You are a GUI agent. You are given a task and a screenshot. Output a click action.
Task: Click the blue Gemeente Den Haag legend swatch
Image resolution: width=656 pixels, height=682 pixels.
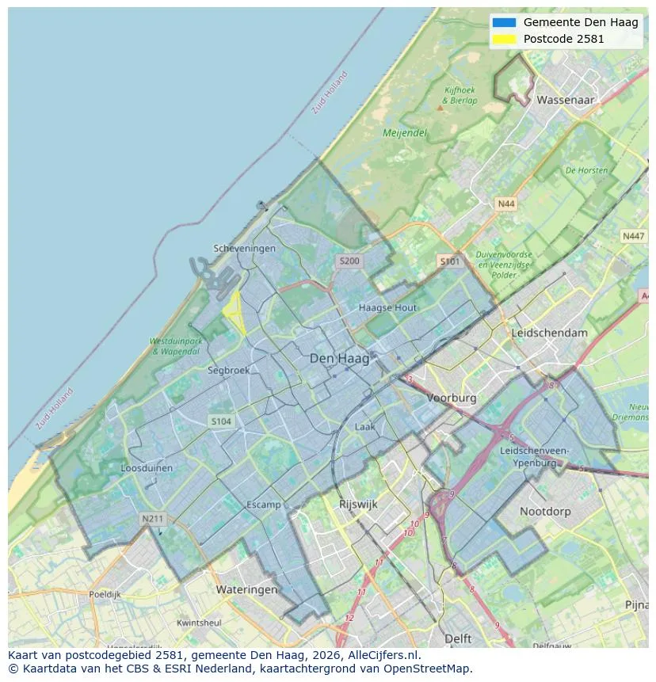504,22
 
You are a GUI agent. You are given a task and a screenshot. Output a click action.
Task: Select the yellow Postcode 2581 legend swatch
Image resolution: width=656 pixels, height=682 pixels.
504,39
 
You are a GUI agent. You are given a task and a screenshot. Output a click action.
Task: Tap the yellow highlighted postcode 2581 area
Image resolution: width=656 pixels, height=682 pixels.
233,311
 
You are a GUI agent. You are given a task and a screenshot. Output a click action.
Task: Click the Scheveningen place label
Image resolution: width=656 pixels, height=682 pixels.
245,249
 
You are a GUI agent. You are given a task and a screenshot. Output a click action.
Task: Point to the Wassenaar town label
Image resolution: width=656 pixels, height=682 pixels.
566,101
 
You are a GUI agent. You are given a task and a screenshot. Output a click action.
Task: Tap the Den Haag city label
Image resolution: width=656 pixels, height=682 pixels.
339,359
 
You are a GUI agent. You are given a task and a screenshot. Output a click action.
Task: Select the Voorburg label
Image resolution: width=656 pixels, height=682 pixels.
452,398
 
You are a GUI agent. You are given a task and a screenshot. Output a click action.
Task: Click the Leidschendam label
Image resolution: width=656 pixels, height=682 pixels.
550,333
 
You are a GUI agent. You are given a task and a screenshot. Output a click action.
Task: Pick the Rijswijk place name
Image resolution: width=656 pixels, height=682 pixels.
358,504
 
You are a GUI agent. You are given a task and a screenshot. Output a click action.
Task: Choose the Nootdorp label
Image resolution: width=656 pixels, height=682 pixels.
545,512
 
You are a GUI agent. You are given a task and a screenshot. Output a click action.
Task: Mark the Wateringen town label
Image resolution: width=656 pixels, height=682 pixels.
246,589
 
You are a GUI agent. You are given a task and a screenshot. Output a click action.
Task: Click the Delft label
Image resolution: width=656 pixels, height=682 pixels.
458,638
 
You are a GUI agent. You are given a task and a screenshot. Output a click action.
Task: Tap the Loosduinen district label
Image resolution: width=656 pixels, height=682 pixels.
147,468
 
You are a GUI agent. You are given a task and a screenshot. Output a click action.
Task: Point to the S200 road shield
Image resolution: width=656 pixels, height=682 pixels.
349,261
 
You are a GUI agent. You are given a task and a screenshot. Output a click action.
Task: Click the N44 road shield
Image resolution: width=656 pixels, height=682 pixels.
505,204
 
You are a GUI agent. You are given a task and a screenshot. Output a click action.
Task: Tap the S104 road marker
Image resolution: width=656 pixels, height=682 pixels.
221,421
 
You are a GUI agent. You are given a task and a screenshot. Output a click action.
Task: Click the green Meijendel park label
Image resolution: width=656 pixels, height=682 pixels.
405,133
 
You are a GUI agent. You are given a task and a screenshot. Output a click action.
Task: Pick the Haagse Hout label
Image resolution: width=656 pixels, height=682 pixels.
387,307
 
